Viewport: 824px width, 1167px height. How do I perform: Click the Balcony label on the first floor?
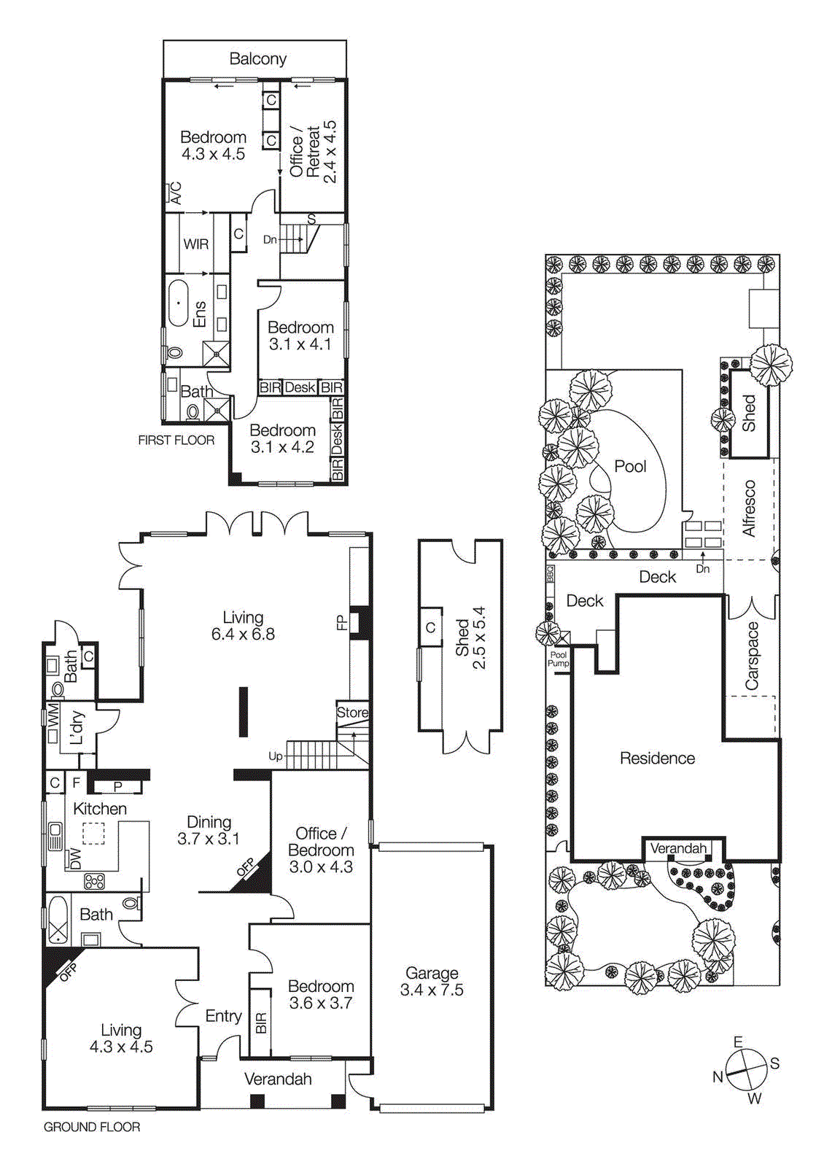[x=257, y=59]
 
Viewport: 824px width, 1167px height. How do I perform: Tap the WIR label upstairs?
[x=195, y=244]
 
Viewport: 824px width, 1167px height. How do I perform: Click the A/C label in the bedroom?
[x=176, y=193]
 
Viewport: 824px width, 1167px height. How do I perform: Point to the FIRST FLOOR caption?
[x=176, y=441]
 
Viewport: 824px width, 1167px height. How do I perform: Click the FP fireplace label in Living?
[x=341, y=623]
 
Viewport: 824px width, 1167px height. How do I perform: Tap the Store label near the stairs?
[x=352, y=713]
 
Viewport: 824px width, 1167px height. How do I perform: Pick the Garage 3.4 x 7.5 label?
[x=432, y=981]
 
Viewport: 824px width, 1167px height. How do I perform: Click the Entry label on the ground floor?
[x=223, y=1016]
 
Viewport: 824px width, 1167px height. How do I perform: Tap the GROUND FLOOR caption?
[x=92, y=1127]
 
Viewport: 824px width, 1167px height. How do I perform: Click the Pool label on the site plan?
[x=630, y=466]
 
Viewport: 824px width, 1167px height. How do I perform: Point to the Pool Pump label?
[x=559, y=659]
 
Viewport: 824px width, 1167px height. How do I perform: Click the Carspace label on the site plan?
[x=752, y=656]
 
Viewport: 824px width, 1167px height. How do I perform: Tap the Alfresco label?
[x=749, y=508]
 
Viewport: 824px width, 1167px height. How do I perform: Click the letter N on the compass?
[x=718, y=1077]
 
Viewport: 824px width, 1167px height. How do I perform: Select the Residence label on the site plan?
[x=657, y=759]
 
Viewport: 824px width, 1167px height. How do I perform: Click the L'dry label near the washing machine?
[x=77, y=728]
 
